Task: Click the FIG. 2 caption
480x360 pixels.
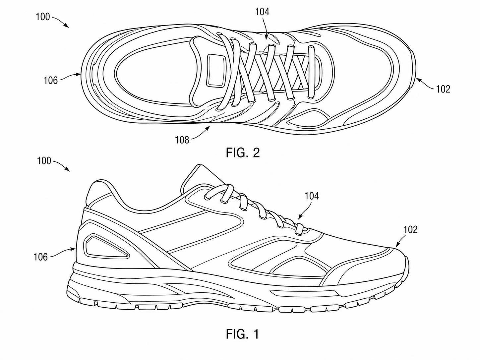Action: pos(243,152)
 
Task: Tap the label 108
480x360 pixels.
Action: pos(182,140)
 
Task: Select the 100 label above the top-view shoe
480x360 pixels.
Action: pos(43,17)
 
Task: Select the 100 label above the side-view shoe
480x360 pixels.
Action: pos(44,161)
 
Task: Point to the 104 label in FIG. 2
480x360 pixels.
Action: pos(263,12)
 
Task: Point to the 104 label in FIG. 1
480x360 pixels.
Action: pos(312,196)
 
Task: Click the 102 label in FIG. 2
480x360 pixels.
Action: pos(443,89)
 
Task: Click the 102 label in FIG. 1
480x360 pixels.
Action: pos(410,229)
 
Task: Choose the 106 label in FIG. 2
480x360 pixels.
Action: pos(51,81)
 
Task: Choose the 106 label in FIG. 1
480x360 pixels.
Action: pos(40,257)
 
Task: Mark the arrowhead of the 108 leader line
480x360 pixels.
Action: pos(208,129)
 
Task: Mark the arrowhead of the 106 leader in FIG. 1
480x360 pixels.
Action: pos(74,249)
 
